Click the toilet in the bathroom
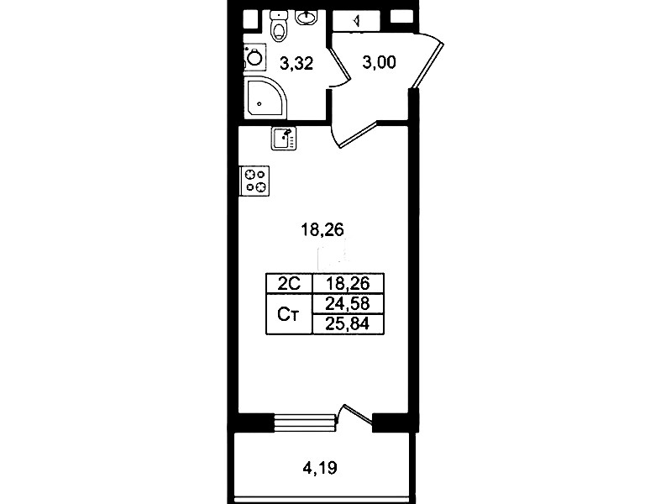pos(279,26)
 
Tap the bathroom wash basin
pos(307,18)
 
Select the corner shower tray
pos(265,97)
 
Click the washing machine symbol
pos(255,57)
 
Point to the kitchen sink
pos(284,139)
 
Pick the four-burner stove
pos(255,181)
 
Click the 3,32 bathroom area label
pos(296,63)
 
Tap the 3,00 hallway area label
pos(379,62)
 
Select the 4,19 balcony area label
pos(320,468)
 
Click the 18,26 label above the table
pos(322,230)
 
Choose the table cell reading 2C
pos(290,283)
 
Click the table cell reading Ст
pos(290,314)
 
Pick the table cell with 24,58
pos(349,304)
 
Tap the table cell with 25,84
pos(349,324)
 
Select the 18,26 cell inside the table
pos(349,283)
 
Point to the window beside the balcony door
pos(304,422)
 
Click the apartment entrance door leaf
pos(427,65)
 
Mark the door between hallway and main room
pos(357,134)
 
